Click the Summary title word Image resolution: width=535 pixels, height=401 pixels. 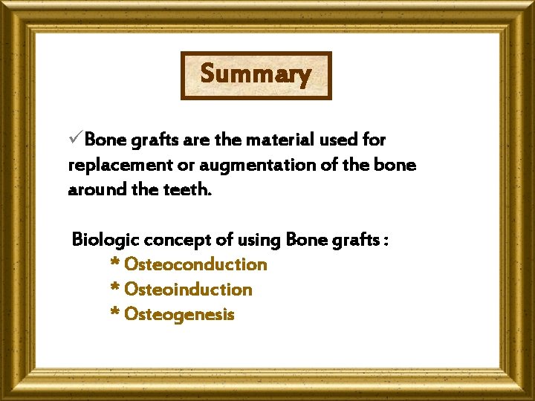256,74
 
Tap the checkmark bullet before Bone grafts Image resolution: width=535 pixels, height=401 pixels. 75,139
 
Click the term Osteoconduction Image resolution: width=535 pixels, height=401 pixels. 195,264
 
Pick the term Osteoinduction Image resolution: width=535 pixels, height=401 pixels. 188,290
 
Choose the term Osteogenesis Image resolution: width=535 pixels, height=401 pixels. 179,315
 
